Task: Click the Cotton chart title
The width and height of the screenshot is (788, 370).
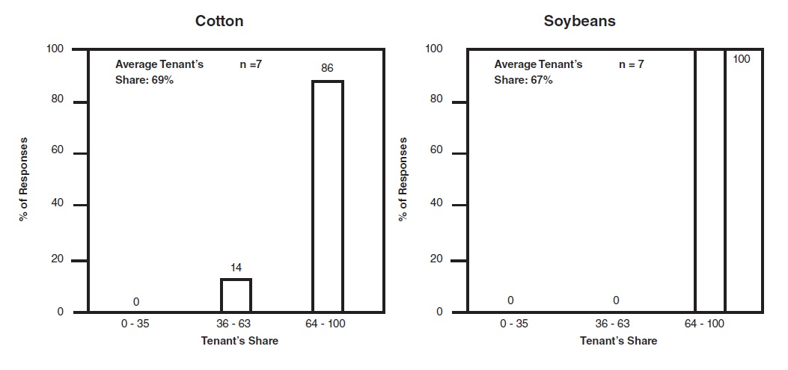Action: point(219,21)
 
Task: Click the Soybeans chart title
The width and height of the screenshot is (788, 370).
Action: point(579,21)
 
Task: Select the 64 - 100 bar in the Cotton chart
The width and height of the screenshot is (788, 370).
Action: point(327,196)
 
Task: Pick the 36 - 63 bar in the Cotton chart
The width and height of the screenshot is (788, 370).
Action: point(236,295)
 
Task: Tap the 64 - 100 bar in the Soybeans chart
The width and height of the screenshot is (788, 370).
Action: point(709,179)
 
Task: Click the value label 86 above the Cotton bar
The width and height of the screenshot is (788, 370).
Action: point(327,68)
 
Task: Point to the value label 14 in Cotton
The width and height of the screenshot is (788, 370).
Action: point(236,267)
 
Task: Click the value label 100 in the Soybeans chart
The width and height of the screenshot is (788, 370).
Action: point(741,59)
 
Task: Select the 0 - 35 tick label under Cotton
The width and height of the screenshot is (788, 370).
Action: point(137,324)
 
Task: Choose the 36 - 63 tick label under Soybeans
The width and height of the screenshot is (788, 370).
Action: point(611,324)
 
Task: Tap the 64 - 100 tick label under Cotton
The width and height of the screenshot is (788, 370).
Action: point(328,324)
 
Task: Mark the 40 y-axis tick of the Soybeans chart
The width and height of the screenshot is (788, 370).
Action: point(438,204)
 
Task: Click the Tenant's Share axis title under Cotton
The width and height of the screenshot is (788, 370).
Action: point(239,341)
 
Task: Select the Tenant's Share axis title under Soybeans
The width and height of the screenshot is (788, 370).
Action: point(618,341)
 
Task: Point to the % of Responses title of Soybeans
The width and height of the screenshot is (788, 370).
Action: point(404,179)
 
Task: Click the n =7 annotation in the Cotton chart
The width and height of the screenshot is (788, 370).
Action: point(245,64)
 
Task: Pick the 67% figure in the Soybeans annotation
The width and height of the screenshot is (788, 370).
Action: point(541,79)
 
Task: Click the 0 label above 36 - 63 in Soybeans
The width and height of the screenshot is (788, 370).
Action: point(616,300)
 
